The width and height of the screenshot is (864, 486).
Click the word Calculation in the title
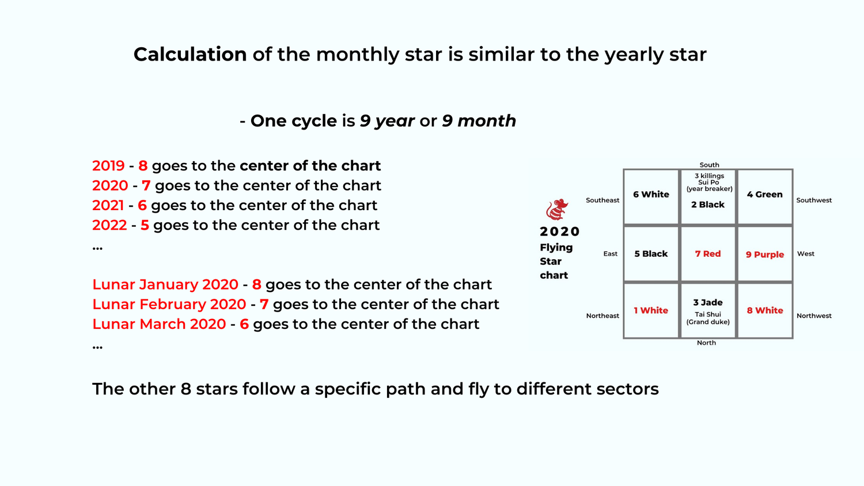tap(190, 55)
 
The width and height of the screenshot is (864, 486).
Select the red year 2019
tap(108, 166)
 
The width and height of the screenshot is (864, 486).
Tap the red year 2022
tap(109, 225)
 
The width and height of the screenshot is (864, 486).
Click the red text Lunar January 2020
tap(165, 284)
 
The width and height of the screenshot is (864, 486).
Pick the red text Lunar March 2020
tap(159, 324)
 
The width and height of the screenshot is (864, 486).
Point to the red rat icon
tap(557, 210)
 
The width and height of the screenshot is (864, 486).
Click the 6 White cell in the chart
tap(651, 195)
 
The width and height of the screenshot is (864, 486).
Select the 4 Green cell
tap(764, 195)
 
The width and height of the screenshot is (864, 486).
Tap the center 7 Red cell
tap(708, 254)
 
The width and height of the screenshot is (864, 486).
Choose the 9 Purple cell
tap(764, 255)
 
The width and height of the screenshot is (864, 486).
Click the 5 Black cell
tap(651, 254)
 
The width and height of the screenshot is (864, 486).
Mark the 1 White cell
tap(651, 310)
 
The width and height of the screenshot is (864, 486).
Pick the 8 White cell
tap(764, 310)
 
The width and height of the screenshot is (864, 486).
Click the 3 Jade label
tap(708, 302)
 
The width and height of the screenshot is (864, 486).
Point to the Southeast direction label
tap(602, 200)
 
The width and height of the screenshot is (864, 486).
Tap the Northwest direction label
tap(814, 316)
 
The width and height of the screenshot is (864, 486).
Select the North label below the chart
tap(706, 343)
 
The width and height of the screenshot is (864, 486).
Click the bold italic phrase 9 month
tap(479, 121)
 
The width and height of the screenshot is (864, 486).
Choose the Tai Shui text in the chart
tap(708, 314)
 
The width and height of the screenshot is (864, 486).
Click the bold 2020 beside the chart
tap(559, 231)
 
